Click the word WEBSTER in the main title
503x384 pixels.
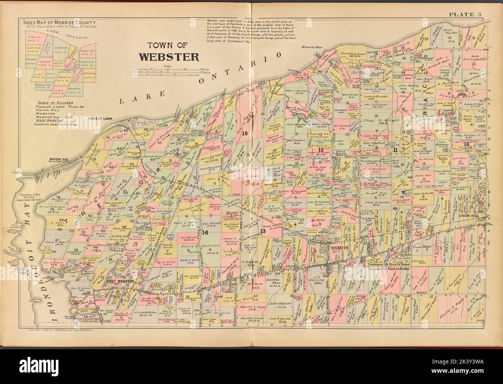pyautogui.click(x=169, y=56)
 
